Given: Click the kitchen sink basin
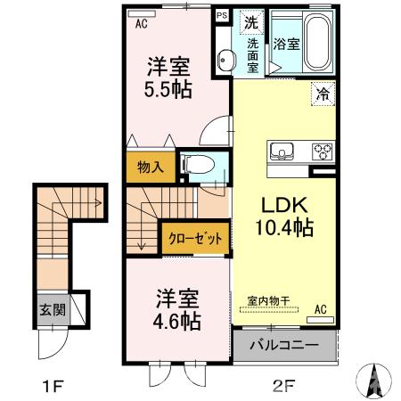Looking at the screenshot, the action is [x=282, y=151].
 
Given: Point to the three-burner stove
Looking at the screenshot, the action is [x=323, y=151].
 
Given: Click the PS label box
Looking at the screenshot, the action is [x=222, y=16].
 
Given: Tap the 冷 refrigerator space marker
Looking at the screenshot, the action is [x=323, y=94].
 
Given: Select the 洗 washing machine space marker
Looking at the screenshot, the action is [x=251, y=22].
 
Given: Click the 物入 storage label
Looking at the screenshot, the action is [x=151, y=168].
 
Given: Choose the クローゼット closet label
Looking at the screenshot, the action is [x=195, y=238].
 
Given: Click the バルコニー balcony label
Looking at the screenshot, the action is [x=284, y=345].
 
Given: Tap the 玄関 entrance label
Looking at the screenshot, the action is [x=53, y=310].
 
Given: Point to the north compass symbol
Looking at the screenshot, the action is [x=374, y=381].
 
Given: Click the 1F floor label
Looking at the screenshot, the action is [x=53, y=386].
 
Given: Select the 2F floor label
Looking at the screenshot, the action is [x=283, y=386].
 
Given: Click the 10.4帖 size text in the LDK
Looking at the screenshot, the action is [x=284, y=227].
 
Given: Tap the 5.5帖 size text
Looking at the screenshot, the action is [x=168, y=89].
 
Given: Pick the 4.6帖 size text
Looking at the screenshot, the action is [x=177, y=321].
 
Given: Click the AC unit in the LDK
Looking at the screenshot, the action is [x=320, y=320].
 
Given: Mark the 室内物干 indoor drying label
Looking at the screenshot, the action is [x=268, y=301].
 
